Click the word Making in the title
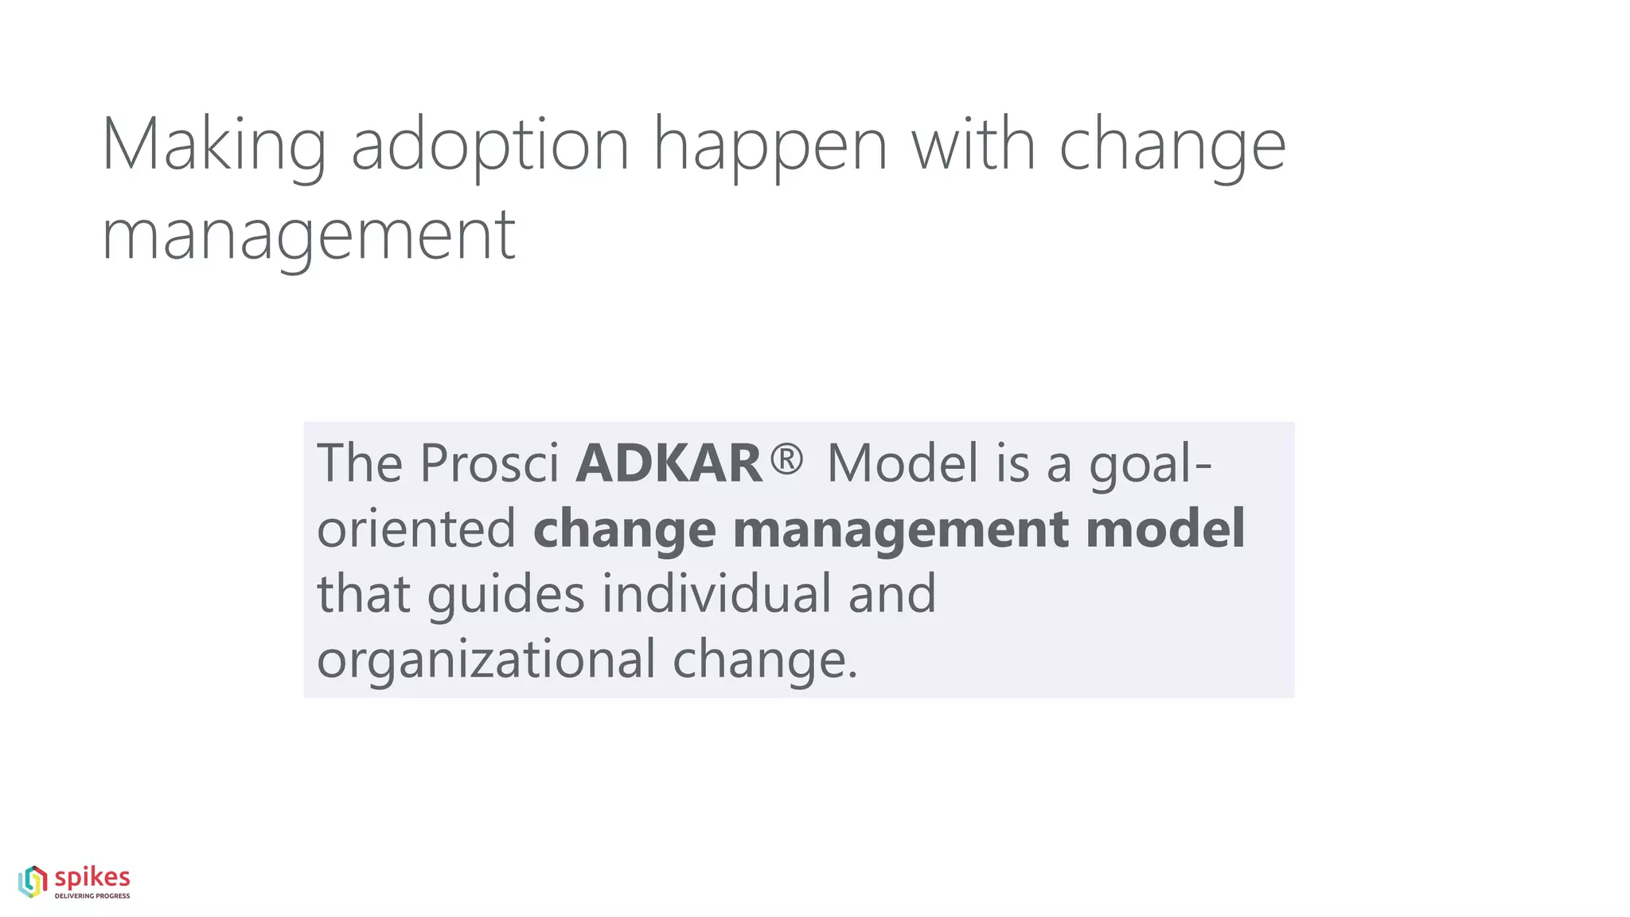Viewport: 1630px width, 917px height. click(x=213, y=145)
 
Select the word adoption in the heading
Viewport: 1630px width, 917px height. click(x=489, y=145)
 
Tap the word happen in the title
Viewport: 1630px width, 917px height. click(x=770, y=145)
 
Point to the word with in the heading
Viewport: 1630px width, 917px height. click(x=973, y=145)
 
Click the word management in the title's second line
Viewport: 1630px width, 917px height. click(x=309, y=236)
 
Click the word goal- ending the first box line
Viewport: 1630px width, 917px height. click(x=1150, y=464)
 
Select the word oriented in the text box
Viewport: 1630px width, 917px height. click(x=416, y=529)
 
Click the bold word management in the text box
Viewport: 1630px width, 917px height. click(x=900, y=530)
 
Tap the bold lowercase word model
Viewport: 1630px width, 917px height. click(x=1165, y=529)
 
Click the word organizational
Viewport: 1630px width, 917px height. click(x=485, y=660)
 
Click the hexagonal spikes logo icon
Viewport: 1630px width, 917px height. click(x=33, y=882)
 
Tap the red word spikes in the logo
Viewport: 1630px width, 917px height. click(x=92, y=878)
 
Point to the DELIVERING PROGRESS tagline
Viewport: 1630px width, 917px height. click(x=92, y=896)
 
